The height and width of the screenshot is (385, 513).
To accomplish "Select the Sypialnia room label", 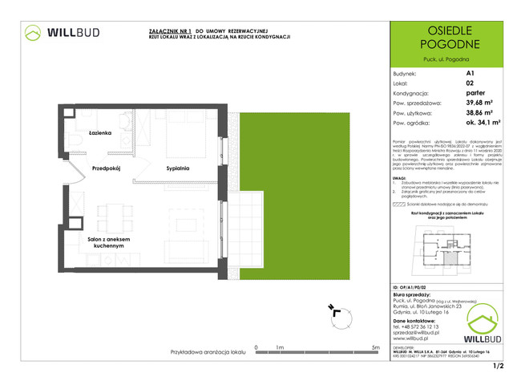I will pyautogui.click(x=178, y=169).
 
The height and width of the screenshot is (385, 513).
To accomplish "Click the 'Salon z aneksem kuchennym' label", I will pyautogui.click(x=98, y=244).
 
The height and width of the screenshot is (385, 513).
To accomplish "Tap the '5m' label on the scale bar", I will pyautogui.click(x=376, y=347).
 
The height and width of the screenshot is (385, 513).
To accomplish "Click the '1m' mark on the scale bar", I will pyautogui.click(x=279, y=347).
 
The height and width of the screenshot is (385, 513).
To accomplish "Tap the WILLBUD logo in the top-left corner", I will pyautogui.click(x=61, y=34).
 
